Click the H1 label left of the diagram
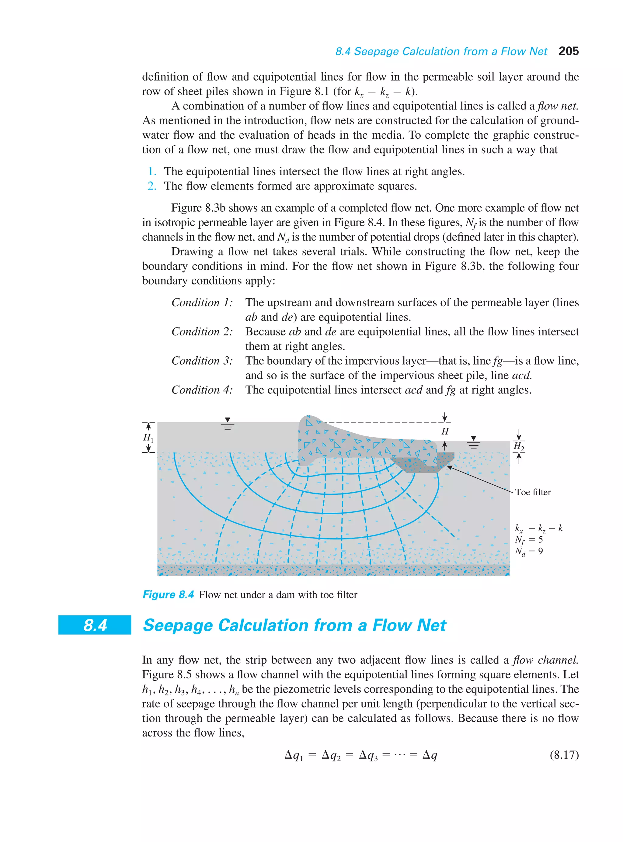[x=148, y=438]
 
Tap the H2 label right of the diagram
[x=519, y=446]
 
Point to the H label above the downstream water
[x=445, y=431]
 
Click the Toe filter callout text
[x=533, y=492]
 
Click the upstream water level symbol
[x=228, y=425]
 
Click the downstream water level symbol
[x=474, y=443]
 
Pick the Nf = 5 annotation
[x=529, y=540]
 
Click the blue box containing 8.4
[x=95, y=625]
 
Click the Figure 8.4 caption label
[x=168, y=594]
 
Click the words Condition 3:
[x=202, y=361]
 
